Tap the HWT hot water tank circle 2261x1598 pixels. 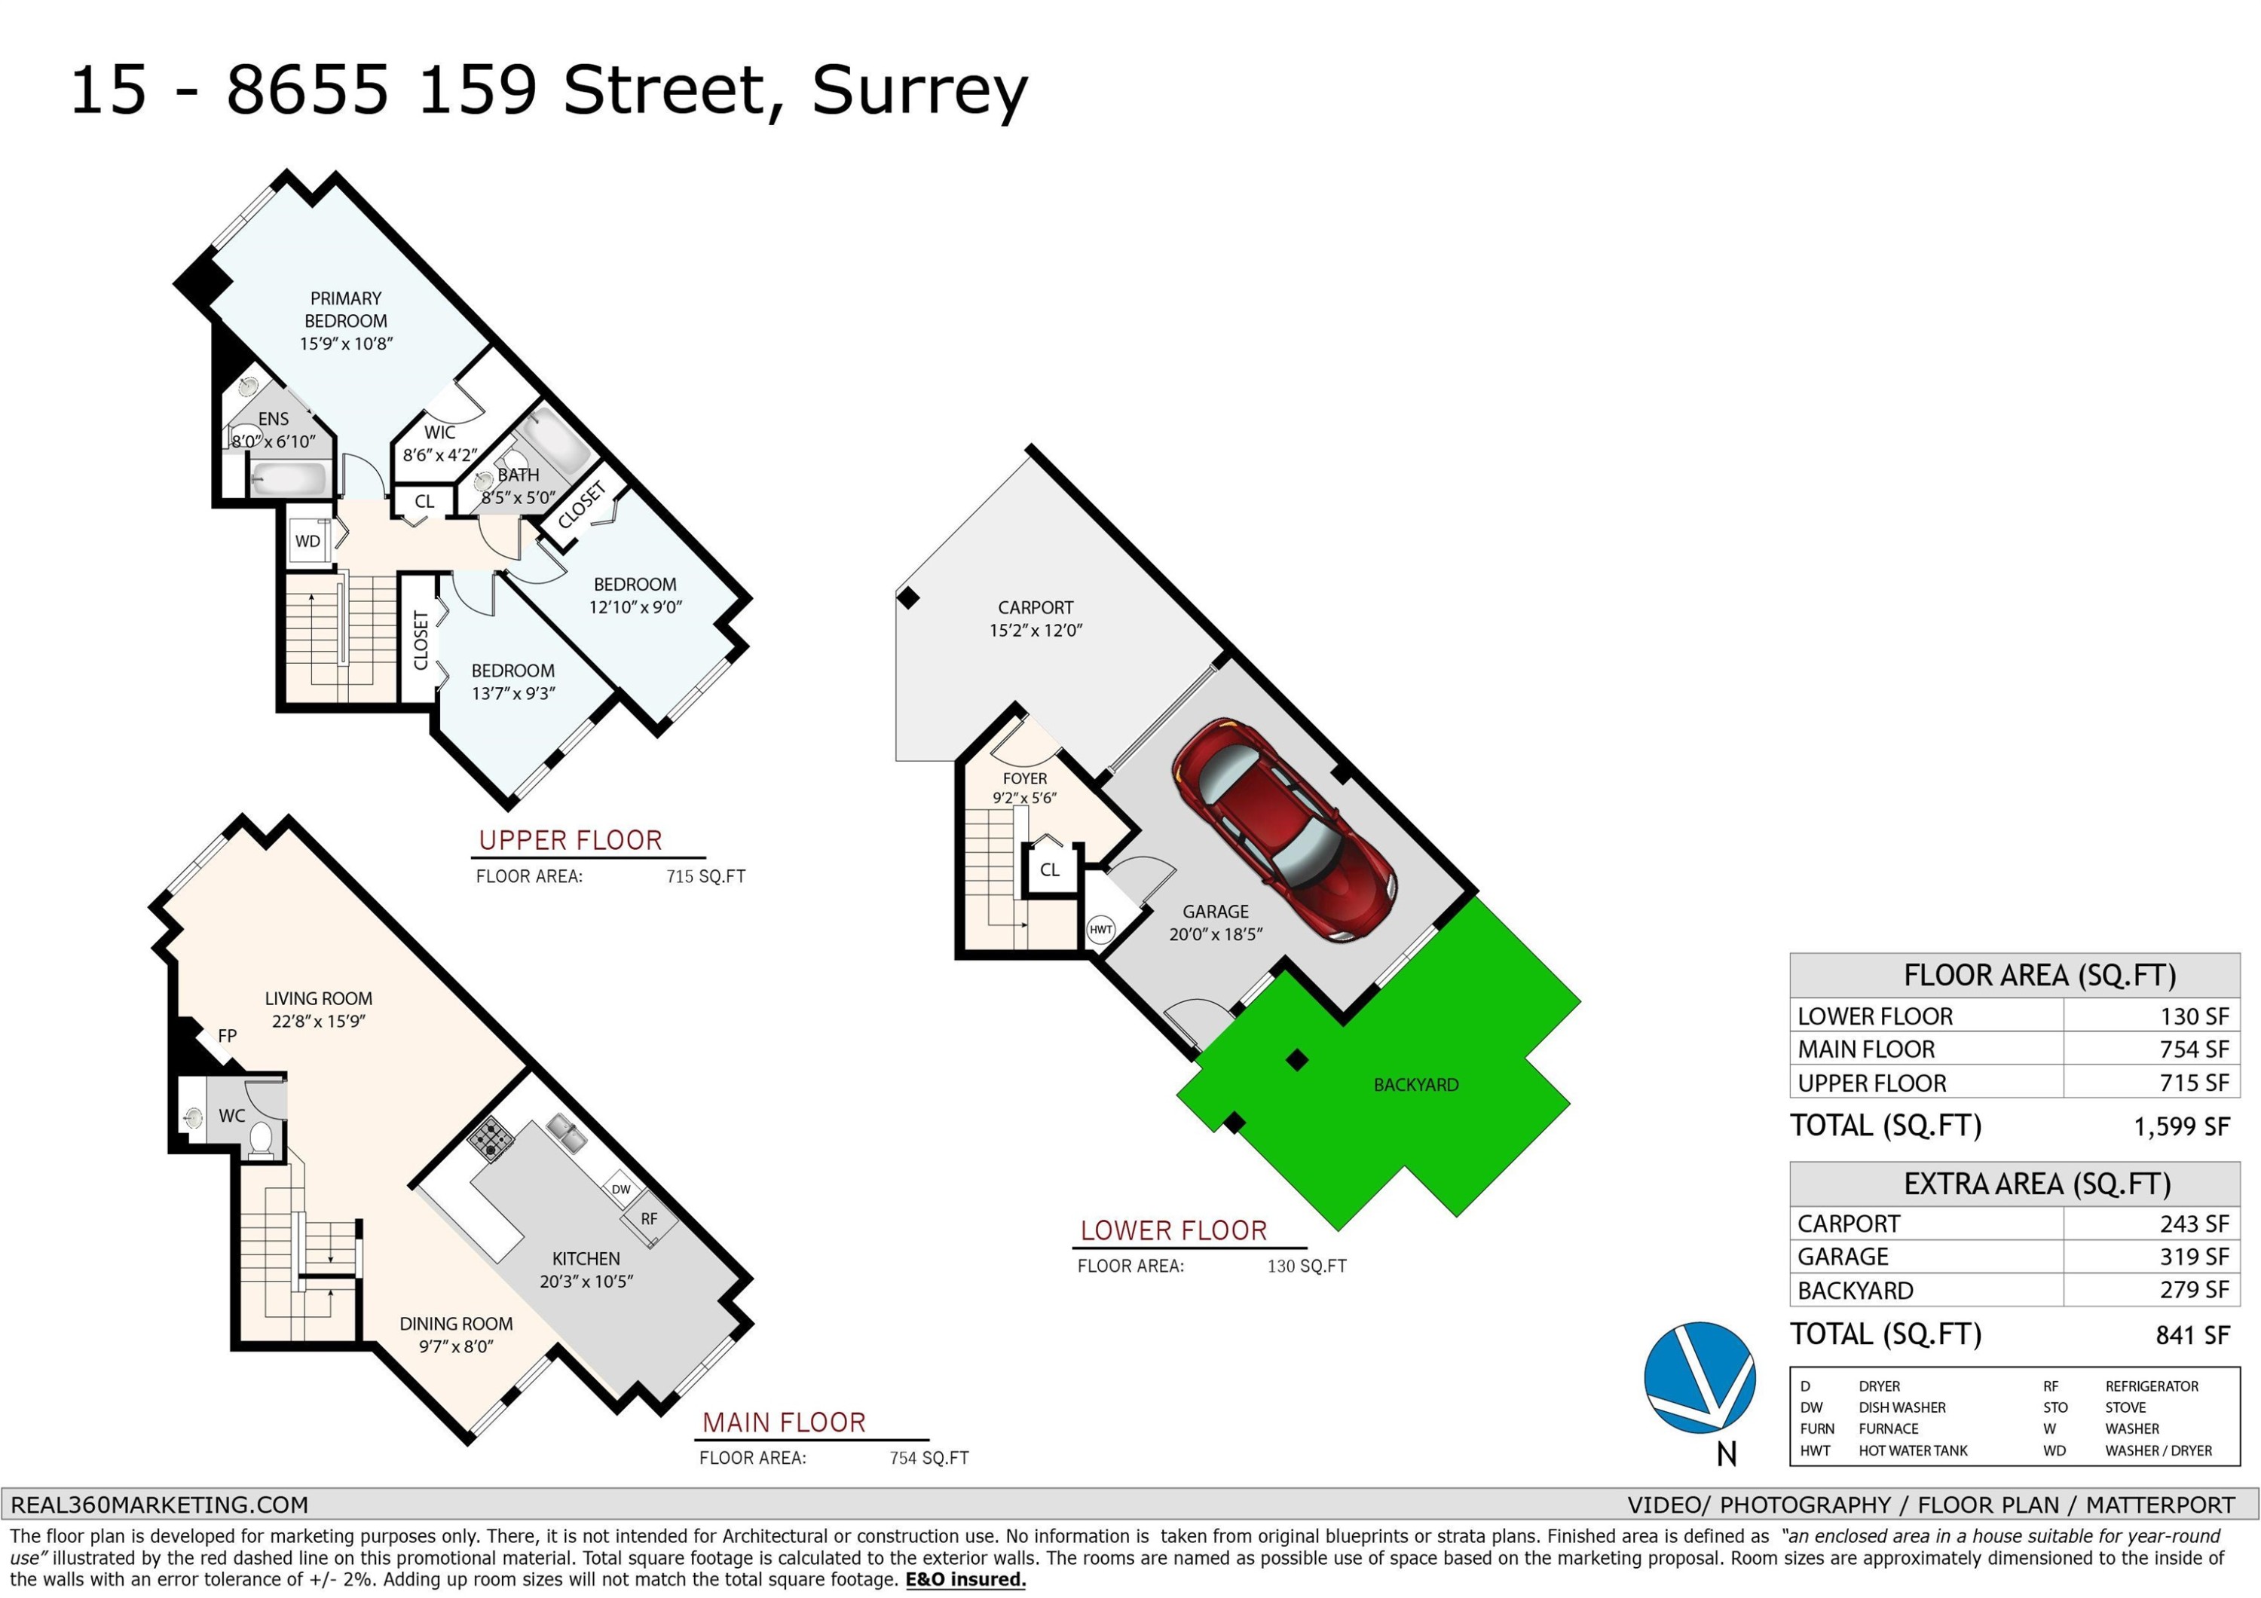pyautogui.click(x=1101, y=930)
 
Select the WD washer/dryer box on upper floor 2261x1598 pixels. pyautogui.click(x=308, y=540)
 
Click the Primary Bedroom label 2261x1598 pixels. pyautogui.click(x=346, y=309)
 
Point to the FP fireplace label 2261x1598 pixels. pyautogui.click(x=228, y=1036)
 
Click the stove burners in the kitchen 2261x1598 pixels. pyautogui.click(x=491, y=1139)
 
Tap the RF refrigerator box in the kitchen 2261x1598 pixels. pyautogui.click(x=649, y=1219)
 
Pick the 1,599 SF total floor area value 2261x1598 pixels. pyautogui.click(x=2181, y=1126)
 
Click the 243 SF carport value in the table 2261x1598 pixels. pyautogui.click(x=2195, y=1224)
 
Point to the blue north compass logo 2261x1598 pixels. pyautogui.click(x=1700, y=1377)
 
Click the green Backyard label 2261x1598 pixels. pyautogui.click(x=1416, y=1084)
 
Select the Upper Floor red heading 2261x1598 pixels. pyautogui.click(x=571, y=840)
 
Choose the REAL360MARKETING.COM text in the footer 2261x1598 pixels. pyautogui.click(x=160, y=1505)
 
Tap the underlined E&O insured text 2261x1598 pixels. pyautogui.click(x=965, y=1579)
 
